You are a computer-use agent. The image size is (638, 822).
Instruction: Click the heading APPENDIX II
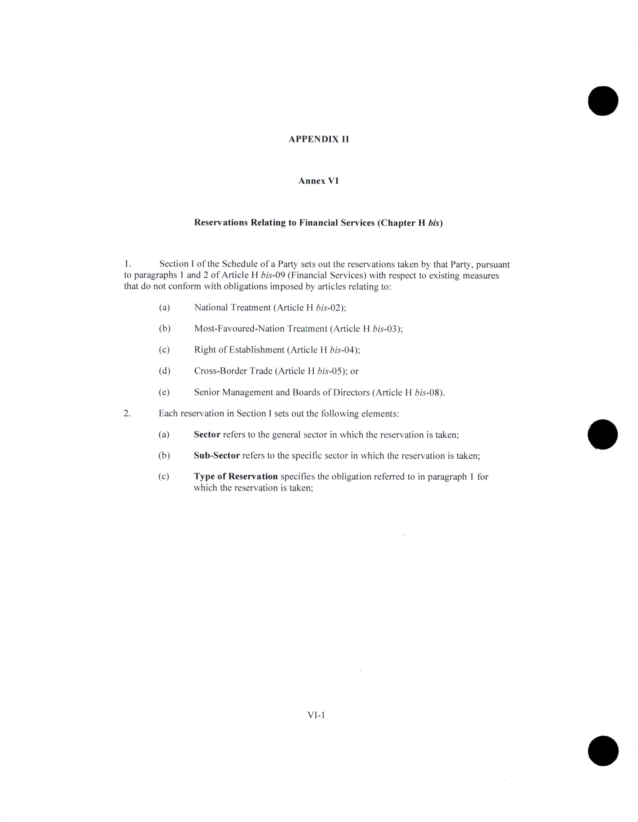tap(318, 139)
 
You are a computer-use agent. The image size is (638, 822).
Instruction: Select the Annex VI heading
tap(318, 181)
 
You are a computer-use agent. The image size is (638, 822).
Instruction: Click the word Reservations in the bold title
tap(221, 223)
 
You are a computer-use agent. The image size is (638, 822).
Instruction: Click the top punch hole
tap(603, 101)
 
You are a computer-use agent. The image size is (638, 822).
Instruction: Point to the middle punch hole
tap(603, 434)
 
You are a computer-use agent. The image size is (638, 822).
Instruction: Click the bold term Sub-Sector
tap(217, 456)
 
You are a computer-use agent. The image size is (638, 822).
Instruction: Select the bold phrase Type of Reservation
tap(236, 477)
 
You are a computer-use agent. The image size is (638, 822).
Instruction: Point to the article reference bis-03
tap(386, 329)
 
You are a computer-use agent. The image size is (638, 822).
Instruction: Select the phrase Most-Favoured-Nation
tap(239, 329)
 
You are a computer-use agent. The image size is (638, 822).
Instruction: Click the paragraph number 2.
tap(127, 413)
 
